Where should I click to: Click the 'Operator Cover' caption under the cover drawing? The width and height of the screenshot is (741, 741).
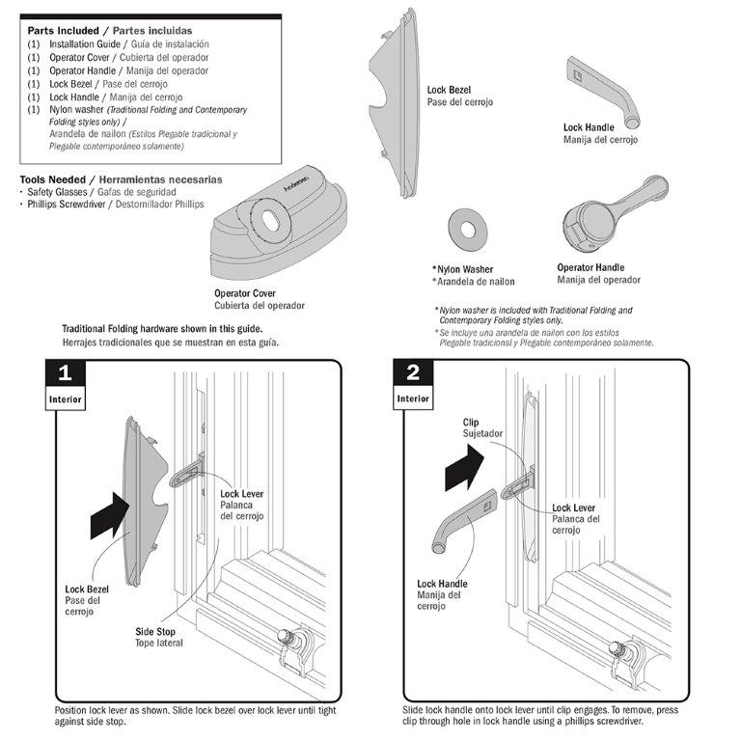pyautogui.click(x=245, y=293)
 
